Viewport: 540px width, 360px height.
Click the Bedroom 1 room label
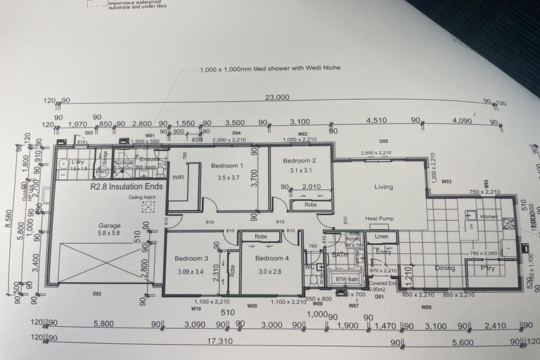click(x=227, y=166)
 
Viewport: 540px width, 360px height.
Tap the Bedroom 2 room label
click(x=300, y=160)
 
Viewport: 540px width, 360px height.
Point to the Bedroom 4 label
click(x=271, y=258)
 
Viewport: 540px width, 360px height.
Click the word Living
click(x=383, y=187)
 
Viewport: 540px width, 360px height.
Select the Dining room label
click(x=444, y=268)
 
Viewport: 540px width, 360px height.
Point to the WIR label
click(x=178, y=177)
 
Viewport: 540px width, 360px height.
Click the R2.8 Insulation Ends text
click(x=127, y=186)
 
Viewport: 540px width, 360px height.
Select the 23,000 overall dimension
click(x=277, y=98)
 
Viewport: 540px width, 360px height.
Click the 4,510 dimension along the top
click(x=376, y=121)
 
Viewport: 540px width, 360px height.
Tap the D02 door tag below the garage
click(x=97, y=293)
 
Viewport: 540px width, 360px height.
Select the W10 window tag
click(x=196, y=308)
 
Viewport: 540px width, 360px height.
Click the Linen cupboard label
click(x=382, y=237)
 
